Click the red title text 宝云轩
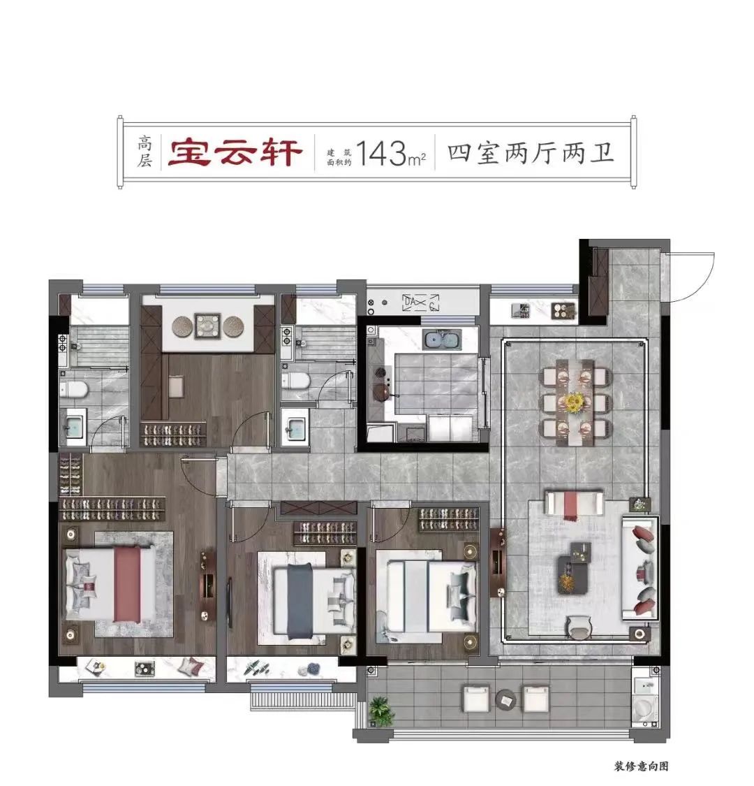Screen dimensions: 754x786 click(235, 152)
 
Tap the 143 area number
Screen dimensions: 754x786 click(380, 153)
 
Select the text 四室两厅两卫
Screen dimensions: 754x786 click(531, 153)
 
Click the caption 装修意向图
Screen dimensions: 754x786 click(642, 766)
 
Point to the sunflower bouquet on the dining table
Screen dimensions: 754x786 click(574, 402)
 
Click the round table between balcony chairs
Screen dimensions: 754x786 click(505, 699)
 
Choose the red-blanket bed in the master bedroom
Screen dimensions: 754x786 click(110, 585)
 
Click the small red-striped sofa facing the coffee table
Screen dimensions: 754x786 click(572, 503)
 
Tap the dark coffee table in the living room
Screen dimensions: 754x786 click(574, 569)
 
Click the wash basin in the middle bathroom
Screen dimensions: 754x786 click(294, 427)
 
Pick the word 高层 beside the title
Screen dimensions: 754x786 click(145, 152)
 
